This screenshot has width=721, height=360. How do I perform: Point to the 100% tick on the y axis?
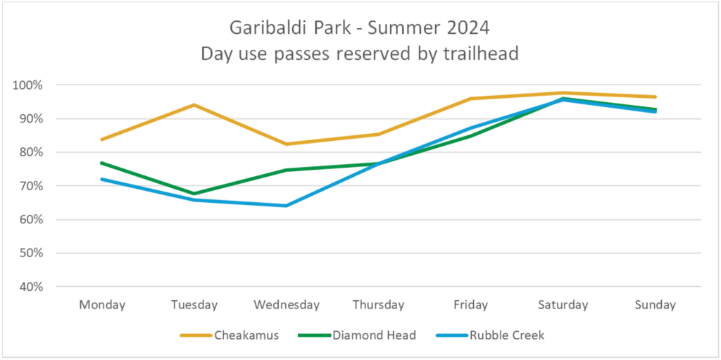pos(28,85)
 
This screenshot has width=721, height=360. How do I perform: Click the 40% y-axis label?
pos(30,287)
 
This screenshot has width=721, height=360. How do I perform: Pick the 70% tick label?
pos(30,186)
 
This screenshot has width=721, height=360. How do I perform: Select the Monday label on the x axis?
pos(102,305)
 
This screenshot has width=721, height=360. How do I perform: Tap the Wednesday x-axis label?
pos(287,305)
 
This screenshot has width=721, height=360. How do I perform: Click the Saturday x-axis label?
pos(563,305)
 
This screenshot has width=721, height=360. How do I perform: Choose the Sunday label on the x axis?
pos(655,305)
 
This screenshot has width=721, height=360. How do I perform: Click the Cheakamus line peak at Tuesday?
pos(194,105)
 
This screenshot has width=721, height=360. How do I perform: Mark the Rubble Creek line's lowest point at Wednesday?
pos(286,206)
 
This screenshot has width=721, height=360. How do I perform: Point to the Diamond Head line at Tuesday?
pos(194,194)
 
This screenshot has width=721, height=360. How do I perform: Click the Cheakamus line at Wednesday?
pos(286,144)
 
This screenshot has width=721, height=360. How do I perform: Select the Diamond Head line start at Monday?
pos(102,163)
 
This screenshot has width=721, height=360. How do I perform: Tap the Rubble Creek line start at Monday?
pos(102,179)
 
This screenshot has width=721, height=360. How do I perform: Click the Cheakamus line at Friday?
pos(470,99)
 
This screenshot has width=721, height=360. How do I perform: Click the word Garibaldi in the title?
pos(265,30)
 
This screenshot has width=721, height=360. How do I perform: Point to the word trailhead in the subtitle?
pos(483,54)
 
